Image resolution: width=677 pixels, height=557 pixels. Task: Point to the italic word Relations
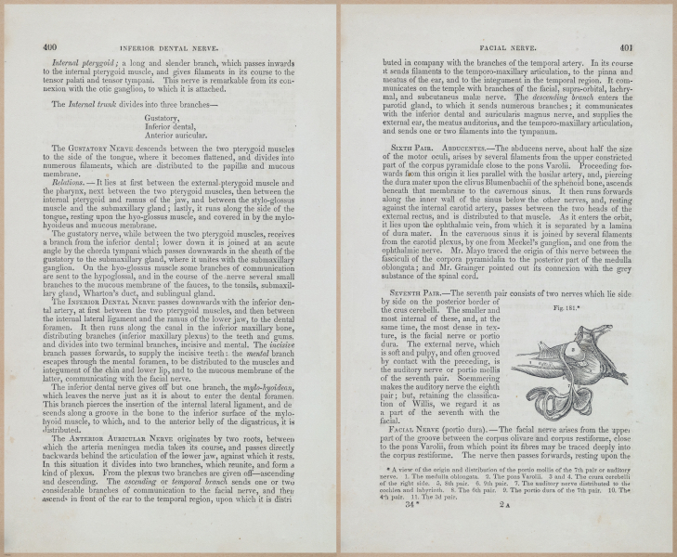point(71,184)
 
